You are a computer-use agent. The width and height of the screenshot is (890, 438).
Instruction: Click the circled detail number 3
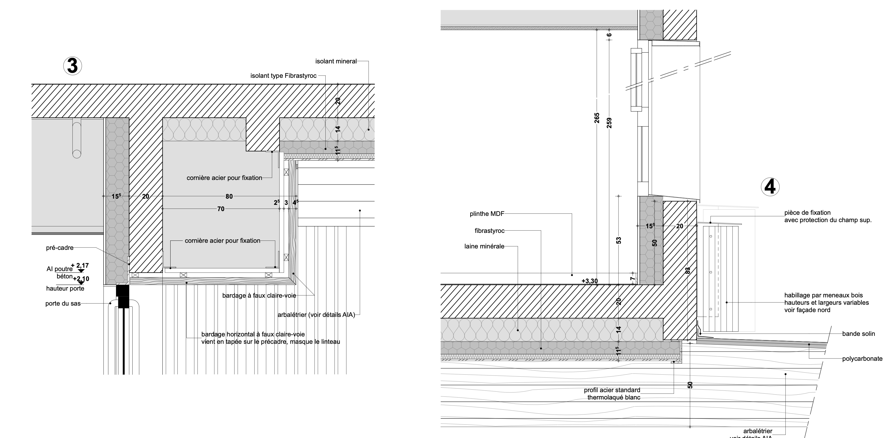[72, 66]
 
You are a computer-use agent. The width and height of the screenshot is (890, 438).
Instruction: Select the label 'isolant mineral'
[336, 61]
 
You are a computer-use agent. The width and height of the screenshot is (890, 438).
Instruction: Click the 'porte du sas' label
[63, 304]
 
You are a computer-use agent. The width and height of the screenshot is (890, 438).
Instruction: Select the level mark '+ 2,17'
[80, 266]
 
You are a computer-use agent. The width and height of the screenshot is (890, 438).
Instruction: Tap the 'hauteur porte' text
[65, 288]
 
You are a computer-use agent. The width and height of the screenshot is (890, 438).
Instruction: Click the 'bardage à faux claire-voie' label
[259, 296]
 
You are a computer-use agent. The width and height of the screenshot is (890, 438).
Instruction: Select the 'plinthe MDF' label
[487, 214]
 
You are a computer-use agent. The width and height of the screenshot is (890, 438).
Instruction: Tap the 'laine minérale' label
[484, 246]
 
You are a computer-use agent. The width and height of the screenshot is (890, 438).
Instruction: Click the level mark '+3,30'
[589, 281]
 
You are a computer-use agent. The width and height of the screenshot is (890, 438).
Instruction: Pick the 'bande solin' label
[859, 334]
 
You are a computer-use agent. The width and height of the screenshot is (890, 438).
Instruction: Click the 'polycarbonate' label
[862, 358]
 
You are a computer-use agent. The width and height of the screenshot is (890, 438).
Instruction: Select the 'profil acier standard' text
[612, 390]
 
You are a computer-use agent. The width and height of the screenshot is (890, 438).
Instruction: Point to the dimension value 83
[687, 270]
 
